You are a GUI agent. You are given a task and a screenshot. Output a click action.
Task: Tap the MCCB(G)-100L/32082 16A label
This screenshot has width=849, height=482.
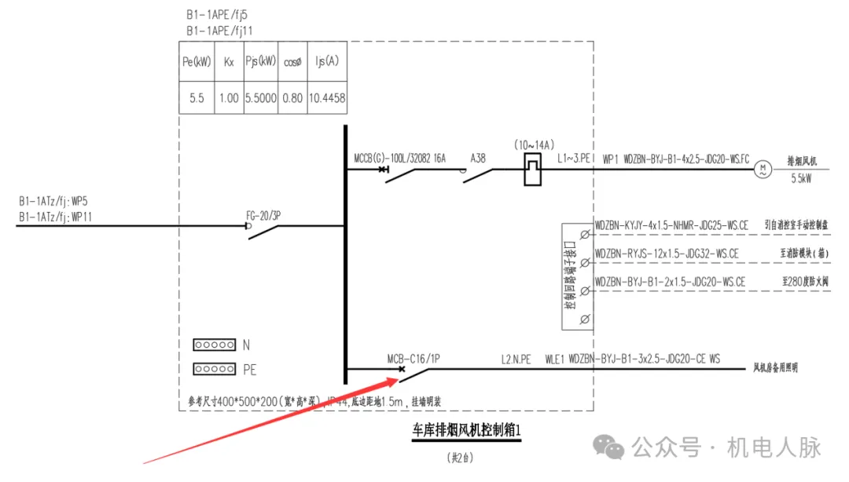400,159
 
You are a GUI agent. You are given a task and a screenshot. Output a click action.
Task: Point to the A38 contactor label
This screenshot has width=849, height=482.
478,159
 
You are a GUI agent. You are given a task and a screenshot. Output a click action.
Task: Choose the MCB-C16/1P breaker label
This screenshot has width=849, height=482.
413,359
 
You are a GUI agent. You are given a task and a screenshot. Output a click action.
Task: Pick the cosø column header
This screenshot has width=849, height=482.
293,62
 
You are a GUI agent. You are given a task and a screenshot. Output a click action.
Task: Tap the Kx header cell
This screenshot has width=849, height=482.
229,62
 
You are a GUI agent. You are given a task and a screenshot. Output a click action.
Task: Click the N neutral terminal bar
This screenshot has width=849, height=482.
214,345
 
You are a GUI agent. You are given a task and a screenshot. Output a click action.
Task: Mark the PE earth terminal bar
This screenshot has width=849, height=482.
214,369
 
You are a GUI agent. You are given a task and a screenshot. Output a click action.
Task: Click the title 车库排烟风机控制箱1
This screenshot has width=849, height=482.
467,430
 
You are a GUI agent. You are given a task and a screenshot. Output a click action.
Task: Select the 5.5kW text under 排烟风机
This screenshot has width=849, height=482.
802,179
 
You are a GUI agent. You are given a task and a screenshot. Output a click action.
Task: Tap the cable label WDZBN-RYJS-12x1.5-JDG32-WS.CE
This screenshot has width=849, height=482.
667,254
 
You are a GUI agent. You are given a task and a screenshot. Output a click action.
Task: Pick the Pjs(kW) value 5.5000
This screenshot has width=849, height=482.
260,99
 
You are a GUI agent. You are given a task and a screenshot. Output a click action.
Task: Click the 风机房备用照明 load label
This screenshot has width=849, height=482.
775,367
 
